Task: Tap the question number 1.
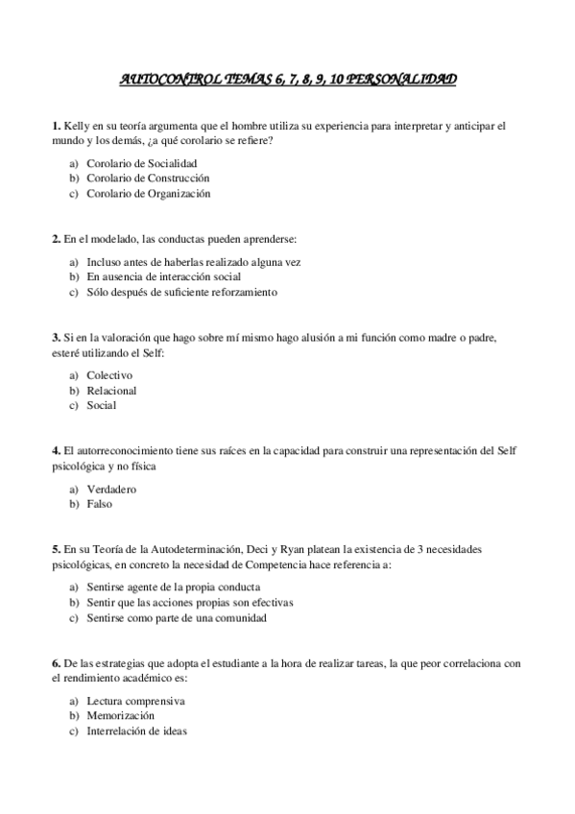pyautogui.click(x=56, y=126)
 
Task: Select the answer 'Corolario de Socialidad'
pyautogui.click(x=135, y=163)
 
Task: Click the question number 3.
pyautogui.click(x=56, y=338)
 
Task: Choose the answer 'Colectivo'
pyautogui.click(x=109, y=375)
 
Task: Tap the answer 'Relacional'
pyautogui.click(x=111, y=391)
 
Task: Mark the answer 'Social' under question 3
pyautogui.click(x=101, y=405)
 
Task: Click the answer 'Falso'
pyautogui.click(x=100, y=504)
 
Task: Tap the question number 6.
pyautogui.click(x=56, y=663)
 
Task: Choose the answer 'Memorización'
pyautogui.click(x=120, y=716)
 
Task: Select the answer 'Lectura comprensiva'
pyautogui.click(x=135, y=701)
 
